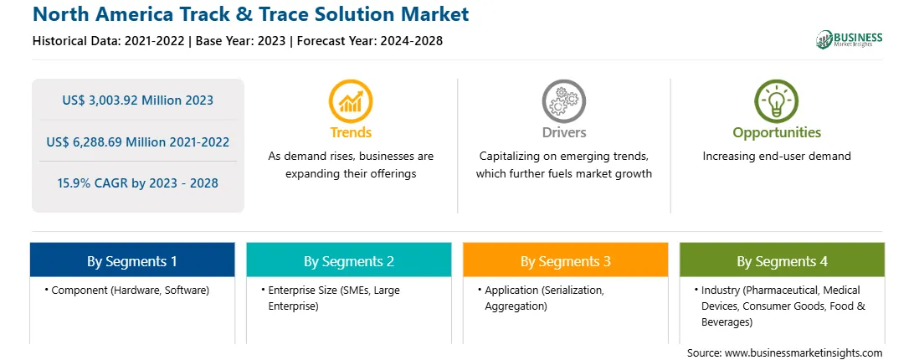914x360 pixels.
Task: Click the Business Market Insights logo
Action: pos(850,39)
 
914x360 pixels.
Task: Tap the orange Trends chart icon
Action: pos(351,101)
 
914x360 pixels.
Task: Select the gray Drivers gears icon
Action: pos(563,101)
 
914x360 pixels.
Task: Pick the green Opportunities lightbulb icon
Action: pos(777,101)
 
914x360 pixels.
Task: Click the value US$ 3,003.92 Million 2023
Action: pos(137,100)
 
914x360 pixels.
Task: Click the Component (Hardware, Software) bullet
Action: pos(126,290)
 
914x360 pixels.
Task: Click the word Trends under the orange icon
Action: pos(351,132)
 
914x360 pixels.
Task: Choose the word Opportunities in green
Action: pos(777,133)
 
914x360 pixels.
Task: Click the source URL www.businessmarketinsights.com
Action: pos(803,353)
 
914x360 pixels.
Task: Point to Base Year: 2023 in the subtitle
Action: pos(241,41)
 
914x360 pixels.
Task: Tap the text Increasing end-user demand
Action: pos(777,156)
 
